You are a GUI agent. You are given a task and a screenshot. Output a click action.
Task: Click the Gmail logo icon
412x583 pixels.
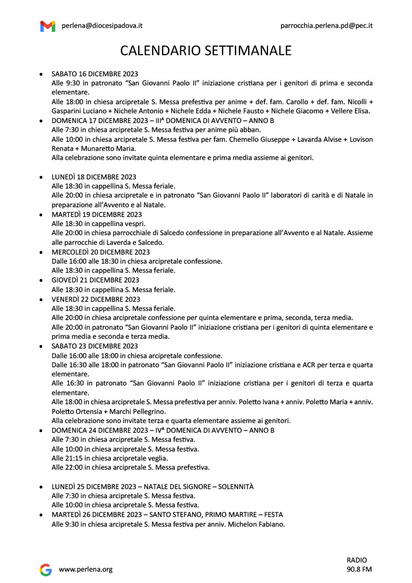pos(48,26)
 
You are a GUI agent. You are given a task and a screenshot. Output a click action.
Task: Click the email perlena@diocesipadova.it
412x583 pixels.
pos(102,26)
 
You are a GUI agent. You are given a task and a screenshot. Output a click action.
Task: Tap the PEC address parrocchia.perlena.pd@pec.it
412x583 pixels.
pos(327,26)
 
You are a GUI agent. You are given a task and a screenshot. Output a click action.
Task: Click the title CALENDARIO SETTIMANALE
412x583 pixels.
pos(205,51)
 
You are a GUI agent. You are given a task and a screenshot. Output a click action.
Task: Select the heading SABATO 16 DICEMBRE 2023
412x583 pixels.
pos(94,74)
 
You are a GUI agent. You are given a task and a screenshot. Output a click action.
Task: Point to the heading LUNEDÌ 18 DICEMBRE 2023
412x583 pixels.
pos(94,177)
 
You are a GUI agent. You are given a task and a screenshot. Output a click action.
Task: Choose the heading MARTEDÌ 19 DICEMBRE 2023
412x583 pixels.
pos(97,215)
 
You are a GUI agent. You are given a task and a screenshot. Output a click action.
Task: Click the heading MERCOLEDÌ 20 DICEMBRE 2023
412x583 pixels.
pos(101,252)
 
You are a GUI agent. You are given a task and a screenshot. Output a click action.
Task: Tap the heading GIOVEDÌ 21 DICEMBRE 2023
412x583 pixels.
pos(95,280)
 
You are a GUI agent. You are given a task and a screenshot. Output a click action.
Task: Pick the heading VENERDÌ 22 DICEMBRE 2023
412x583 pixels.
pos(96,299)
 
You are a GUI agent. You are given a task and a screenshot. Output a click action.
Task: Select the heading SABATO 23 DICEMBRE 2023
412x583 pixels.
pos(94,346)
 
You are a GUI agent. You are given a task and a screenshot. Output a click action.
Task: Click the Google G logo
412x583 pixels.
pos(46,569)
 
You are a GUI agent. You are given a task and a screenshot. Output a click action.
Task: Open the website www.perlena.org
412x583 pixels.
pos(86,569)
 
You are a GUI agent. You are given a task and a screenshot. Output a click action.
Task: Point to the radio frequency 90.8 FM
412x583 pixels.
pos(359,569)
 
